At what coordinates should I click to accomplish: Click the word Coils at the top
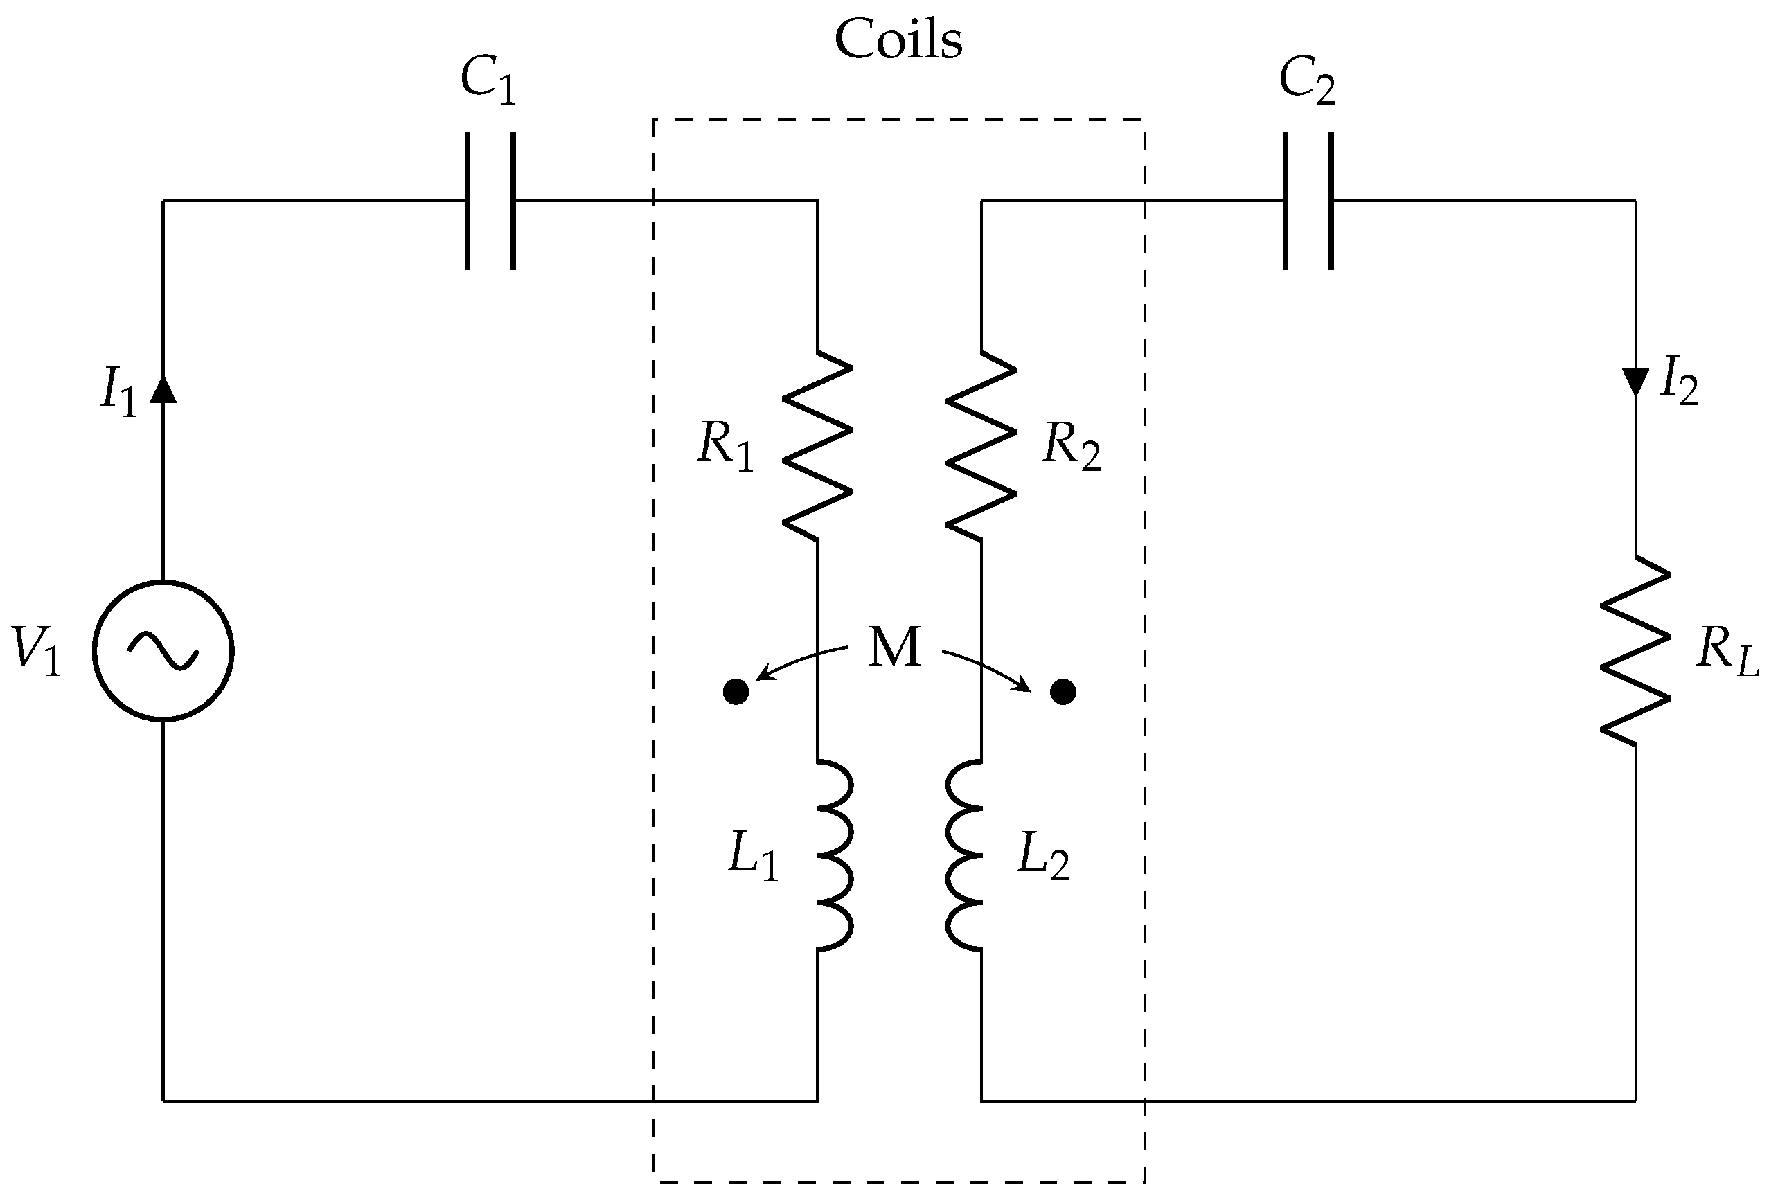898,39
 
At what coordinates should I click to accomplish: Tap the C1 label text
488,82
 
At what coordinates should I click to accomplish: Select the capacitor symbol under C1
490,201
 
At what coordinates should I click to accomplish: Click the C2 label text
1307,82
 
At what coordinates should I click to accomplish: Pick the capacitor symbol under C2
1308,201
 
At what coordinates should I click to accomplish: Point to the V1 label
37,652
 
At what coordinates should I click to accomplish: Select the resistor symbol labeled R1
818,445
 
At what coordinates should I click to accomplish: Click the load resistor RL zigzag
1636,651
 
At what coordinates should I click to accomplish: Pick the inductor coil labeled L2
965,855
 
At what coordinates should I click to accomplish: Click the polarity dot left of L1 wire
736,692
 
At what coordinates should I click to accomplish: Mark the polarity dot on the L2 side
1063,692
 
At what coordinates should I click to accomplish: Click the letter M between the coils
894,649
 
